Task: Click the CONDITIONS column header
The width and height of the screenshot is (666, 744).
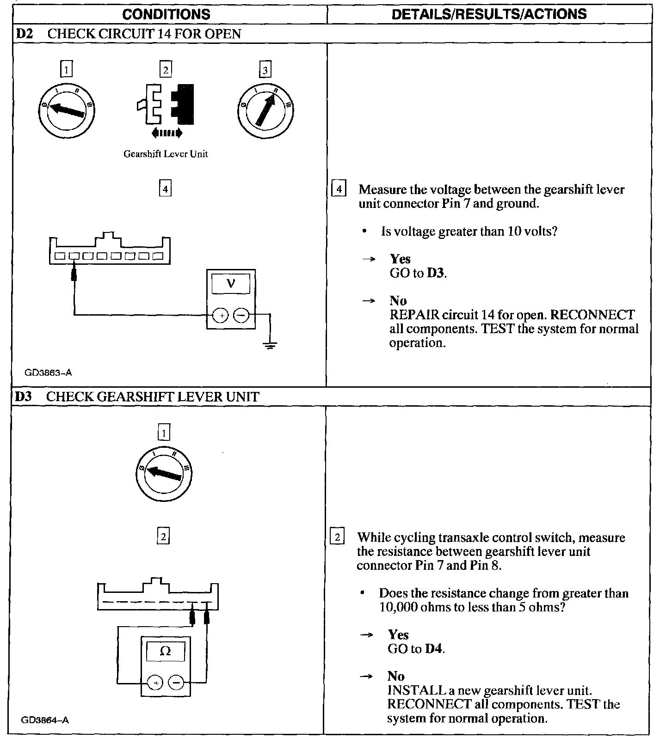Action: (166, 14)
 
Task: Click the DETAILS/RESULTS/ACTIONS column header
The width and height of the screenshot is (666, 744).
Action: (489, 14)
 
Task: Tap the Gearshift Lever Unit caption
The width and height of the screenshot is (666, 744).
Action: (165, 154)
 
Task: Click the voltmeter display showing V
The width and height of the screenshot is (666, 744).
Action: (231, 283)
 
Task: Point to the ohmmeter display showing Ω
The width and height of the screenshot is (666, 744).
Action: (165, 652)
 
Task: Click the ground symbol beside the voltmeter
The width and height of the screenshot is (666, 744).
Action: (270, 344)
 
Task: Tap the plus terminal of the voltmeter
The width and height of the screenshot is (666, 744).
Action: (221, 316)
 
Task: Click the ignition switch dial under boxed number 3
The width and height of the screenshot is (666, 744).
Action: (266, 111)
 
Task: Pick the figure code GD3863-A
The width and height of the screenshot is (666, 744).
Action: (48, 372)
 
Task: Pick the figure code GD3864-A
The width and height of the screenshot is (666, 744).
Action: (45, 720)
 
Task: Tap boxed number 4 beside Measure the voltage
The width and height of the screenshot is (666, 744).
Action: (339, 189)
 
